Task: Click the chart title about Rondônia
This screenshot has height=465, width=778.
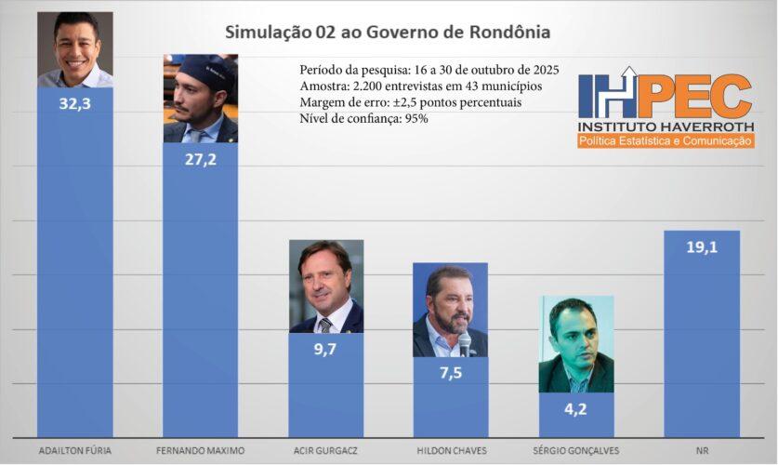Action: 388,32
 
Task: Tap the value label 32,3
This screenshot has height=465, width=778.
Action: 74,103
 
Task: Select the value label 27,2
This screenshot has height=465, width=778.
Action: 200,159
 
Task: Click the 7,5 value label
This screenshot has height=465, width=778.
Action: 450,372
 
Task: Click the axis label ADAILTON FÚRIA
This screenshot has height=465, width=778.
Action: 74,450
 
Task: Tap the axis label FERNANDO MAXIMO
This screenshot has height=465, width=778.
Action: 201,450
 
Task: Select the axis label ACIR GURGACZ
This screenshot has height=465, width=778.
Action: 326,450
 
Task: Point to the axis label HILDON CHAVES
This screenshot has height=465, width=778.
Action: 451,450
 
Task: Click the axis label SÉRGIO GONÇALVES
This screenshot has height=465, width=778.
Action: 576,450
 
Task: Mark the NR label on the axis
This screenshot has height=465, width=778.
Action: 702,450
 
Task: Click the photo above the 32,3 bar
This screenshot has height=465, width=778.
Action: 74,49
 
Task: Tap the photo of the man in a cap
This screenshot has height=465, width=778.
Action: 201,98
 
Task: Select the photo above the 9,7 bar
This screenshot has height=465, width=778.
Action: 326,286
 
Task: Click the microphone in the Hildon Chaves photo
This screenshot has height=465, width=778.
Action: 464,343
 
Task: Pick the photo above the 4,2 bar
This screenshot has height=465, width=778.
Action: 576,344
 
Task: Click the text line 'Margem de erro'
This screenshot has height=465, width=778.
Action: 410,102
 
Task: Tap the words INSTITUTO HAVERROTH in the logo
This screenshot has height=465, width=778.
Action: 665,126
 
